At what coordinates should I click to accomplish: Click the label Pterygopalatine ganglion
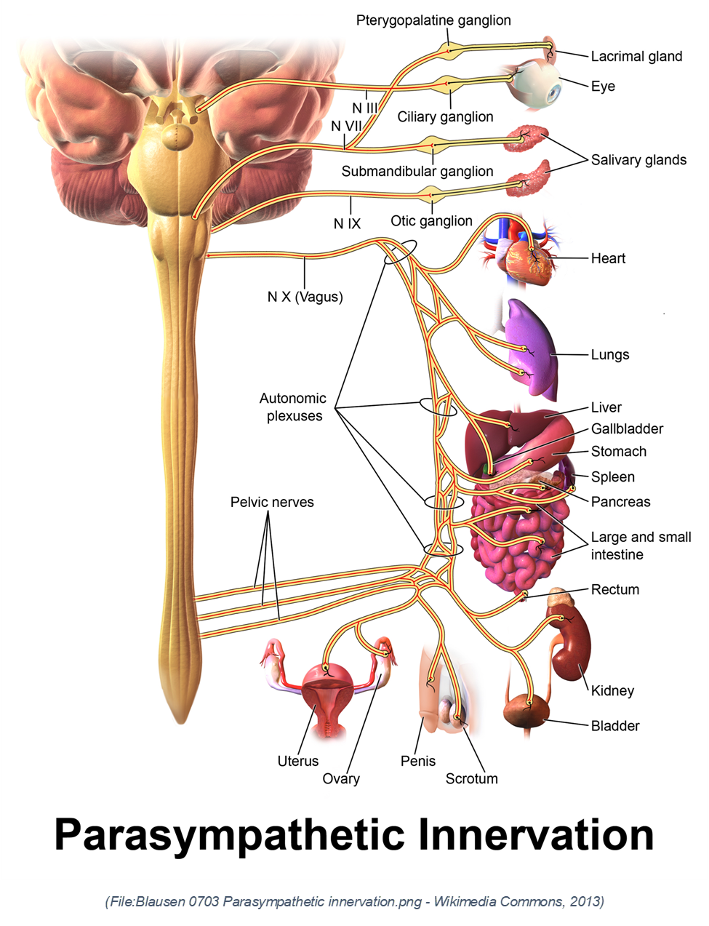pos(433,20)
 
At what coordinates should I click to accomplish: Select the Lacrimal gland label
pos(636,56)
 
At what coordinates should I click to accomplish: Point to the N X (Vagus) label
pos(305,297)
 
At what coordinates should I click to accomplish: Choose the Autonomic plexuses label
pos(293,407)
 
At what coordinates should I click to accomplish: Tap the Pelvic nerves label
pos(272,502)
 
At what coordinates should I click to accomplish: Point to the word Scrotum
pos(471,778)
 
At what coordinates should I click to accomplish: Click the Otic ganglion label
pos(431,221)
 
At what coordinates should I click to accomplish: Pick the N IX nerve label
pos(347,224)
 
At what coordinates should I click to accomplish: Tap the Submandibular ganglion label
pos(417,172)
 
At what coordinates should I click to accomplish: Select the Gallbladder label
pos(627,429)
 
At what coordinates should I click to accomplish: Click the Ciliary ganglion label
pos(445,116)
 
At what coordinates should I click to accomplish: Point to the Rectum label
pos(615,589)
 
